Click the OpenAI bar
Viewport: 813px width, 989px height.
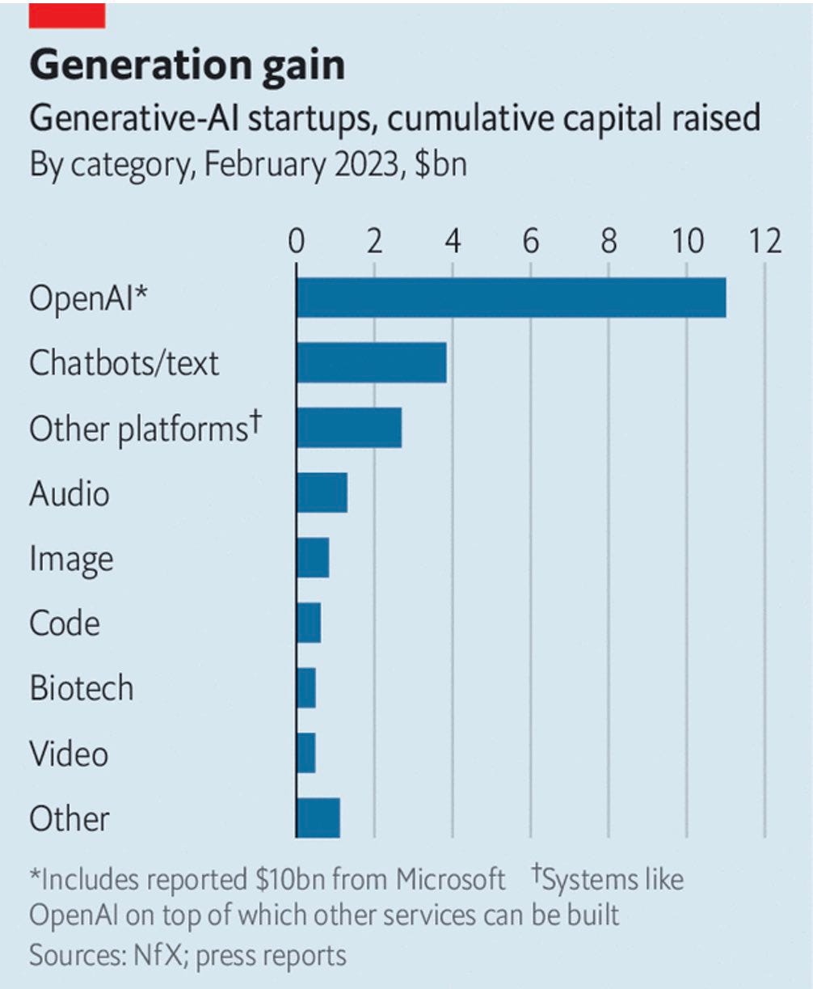(x=511, y=297)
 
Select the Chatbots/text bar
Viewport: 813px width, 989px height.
(x=371, y=361)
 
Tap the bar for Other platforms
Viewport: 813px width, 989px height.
(x=348, y=427)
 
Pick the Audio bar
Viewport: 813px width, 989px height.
(x=322, y=492)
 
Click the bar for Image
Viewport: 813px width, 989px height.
(x=313, y=557)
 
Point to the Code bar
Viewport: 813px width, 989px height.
(x=309, y=623)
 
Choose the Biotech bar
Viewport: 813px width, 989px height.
(x=306, y=688)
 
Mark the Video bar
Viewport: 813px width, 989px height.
(x=306, y=753)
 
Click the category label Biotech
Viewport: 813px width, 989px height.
(x=81, y=688)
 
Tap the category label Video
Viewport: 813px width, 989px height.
(x=69, y=754)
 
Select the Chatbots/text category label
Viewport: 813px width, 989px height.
(x=124, y=362)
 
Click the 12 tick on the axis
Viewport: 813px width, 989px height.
(x=765, y=241)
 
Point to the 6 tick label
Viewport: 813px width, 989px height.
(x=530, y=241)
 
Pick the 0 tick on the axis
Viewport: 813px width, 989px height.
(x=297, y=241)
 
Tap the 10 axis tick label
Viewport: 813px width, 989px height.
(x=686, y=241)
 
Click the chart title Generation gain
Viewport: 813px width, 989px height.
(x=187, y=66)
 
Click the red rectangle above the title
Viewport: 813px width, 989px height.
(x=66, y=15)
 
